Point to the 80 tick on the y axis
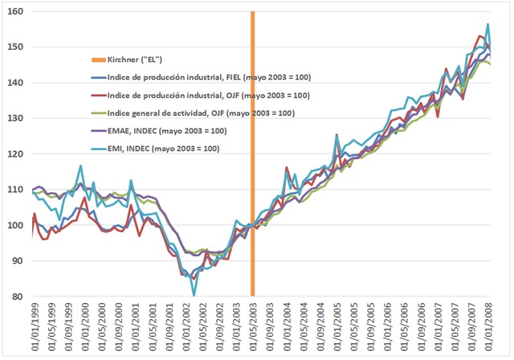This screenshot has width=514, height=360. point(17,297)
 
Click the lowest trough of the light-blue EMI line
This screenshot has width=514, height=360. point(194,296)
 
